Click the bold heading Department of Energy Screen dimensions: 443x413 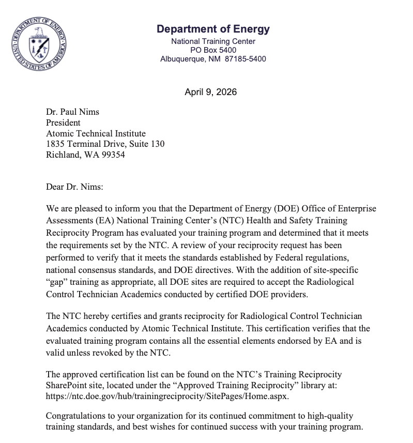coord(213,29)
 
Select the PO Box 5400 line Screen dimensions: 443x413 coord(213,50)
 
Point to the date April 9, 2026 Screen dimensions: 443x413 coord(210,92)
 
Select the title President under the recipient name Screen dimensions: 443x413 coord(63,123)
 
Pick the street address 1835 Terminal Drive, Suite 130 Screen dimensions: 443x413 coord(105,144)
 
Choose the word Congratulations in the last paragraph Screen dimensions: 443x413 coord(76,416)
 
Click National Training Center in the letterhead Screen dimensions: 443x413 coord(213,41)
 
